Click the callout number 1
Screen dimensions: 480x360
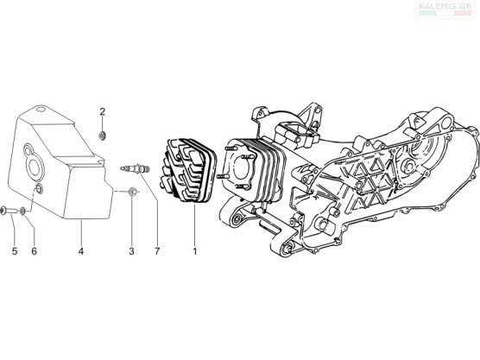pyautogui.click(x=194, y=251)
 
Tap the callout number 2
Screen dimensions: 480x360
pyautogui.click(x=102, y=111)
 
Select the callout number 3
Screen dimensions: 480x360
pyautogui.click(x=131, y=251)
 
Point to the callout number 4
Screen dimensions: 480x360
pyautogui.click(x=81, y=251)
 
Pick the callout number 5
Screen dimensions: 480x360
pyautogui.click(x=15, y=251)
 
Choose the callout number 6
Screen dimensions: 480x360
pyautogui.click(x=34, y=251)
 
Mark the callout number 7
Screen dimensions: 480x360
pyautogui.click(x=157, y=251)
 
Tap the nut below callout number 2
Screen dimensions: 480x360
pyautogui.click(x=102, y=135)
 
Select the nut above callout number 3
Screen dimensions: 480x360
pyautogui.click(x=131, y=192)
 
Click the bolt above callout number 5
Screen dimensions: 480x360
pyautogui.click(x=9, y=210)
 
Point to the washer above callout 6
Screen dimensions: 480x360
pyautogui.click(x=22, y=211)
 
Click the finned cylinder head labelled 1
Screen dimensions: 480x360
pyautogui.click(x=187, y=170)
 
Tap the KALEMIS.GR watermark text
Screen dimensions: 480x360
pyautogui.click(x=445, y=6)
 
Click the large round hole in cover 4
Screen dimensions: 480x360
pyautogui.click(x=35, y=167)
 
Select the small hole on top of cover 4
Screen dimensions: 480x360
pyautogui.click(x=41, y=109)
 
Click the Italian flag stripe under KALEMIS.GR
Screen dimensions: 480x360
pyautogui.click(x=445, y=14)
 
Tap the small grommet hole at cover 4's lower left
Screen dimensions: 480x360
pyautogui.click(x=39, y=189)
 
